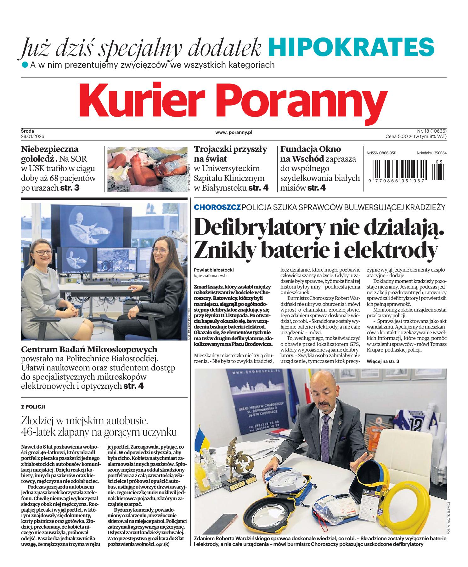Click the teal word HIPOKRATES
click(351, 47)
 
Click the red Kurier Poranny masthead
click(234, 100)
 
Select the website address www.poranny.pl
click(234, 133)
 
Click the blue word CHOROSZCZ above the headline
click(217, 207)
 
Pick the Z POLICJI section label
click(33, 407)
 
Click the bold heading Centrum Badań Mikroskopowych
click(89, 349)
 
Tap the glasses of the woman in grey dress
click(43, 252)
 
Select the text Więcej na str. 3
click(383, 361)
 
